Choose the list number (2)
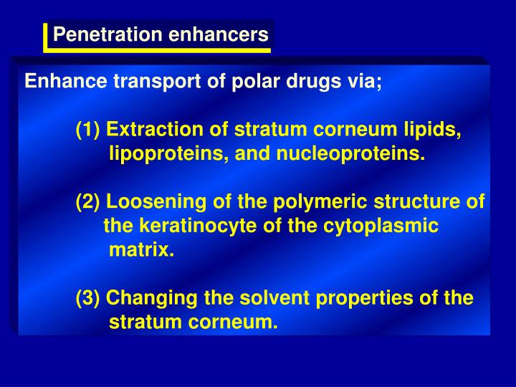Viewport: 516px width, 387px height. click(89, 203)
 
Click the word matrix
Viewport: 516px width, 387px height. click(141, 250)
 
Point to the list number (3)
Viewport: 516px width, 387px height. click(89, 298)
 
